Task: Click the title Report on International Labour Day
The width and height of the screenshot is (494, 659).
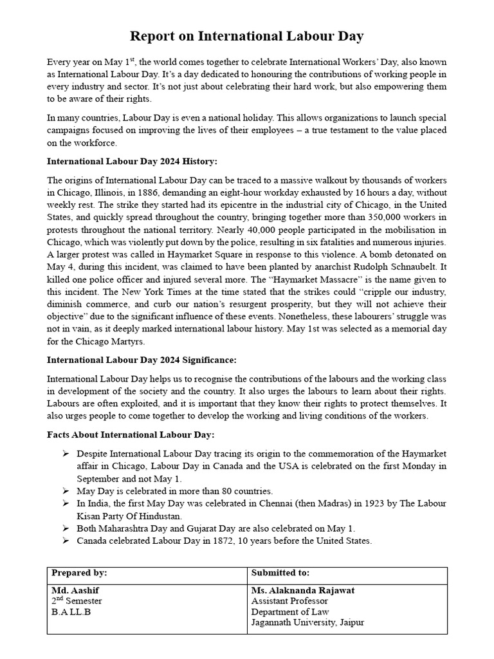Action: [x=247, y=36]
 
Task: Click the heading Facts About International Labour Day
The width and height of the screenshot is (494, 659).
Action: [x=130, y=434]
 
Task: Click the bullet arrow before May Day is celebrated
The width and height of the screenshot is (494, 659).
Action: [x=66, y=490]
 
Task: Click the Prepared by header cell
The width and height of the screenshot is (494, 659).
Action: [x=79, y=573]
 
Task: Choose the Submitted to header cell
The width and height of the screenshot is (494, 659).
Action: [x=280, y=573]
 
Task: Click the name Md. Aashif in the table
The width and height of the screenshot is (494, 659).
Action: [x=75, y=590]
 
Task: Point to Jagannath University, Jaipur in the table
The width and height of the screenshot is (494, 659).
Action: [x=307, y=622]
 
